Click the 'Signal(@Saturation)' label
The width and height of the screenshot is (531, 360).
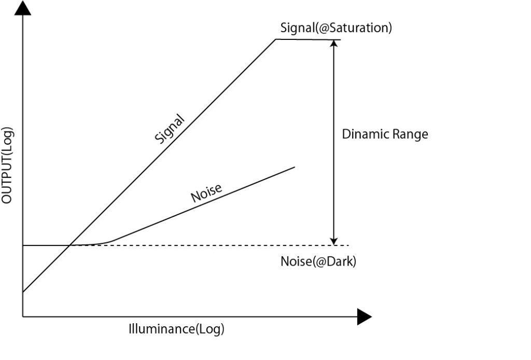[336, 27]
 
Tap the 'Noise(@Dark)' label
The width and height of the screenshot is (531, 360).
[318, 261]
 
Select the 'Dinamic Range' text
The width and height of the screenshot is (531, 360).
[385, 134]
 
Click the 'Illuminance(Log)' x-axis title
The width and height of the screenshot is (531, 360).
[176, 329]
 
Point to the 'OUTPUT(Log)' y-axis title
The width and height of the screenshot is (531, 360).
[7, 165]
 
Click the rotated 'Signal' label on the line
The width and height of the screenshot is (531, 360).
[170, 128]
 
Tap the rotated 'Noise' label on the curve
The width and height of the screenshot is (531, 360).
[206, 193]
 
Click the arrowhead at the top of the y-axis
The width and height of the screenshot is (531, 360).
[23, 8]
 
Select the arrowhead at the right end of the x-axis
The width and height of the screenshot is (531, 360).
[365, 316]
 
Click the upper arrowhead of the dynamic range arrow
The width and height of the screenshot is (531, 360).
[334, 44]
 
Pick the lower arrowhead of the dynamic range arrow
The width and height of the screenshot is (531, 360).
[334, 241]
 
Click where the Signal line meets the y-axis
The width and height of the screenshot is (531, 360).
[23, 292]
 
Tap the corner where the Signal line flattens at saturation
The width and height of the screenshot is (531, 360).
[275, 39]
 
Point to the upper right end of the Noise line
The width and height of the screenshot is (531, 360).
[295, 167]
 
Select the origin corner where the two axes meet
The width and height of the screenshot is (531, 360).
[23, 316]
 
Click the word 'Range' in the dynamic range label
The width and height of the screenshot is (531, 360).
[410, 134]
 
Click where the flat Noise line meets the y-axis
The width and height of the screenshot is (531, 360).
[23, 245]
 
